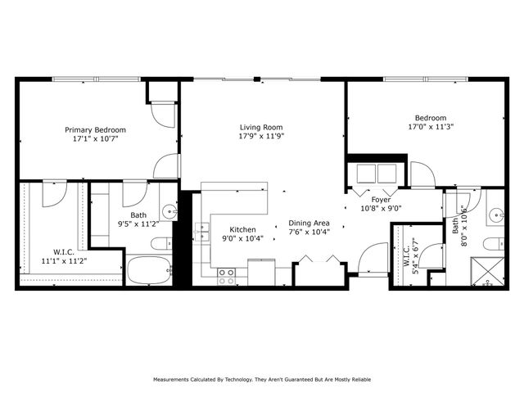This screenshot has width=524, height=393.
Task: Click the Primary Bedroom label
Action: (96, 129)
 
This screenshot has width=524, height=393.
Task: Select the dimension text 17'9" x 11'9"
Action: (261, 138)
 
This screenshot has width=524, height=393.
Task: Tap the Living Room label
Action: (261, 127)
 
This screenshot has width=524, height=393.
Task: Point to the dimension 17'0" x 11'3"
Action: (431, 127)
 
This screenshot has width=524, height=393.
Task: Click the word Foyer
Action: (382, 198)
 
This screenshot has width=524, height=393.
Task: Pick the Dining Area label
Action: (309, 223)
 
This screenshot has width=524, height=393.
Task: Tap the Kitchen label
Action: (242, 229)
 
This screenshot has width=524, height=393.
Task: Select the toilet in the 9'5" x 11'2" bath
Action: (161, 243)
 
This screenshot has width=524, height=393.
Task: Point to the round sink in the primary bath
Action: (169, 210)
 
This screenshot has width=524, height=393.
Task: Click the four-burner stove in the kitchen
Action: (226, 275)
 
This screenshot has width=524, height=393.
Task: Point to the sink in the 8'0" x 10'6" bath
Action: (496, 216)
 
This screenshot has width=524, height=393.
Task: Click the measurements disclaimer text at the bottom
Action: (261, 380)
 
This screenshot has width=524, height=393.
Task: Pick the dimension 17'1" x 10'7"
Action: (96, 140)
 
